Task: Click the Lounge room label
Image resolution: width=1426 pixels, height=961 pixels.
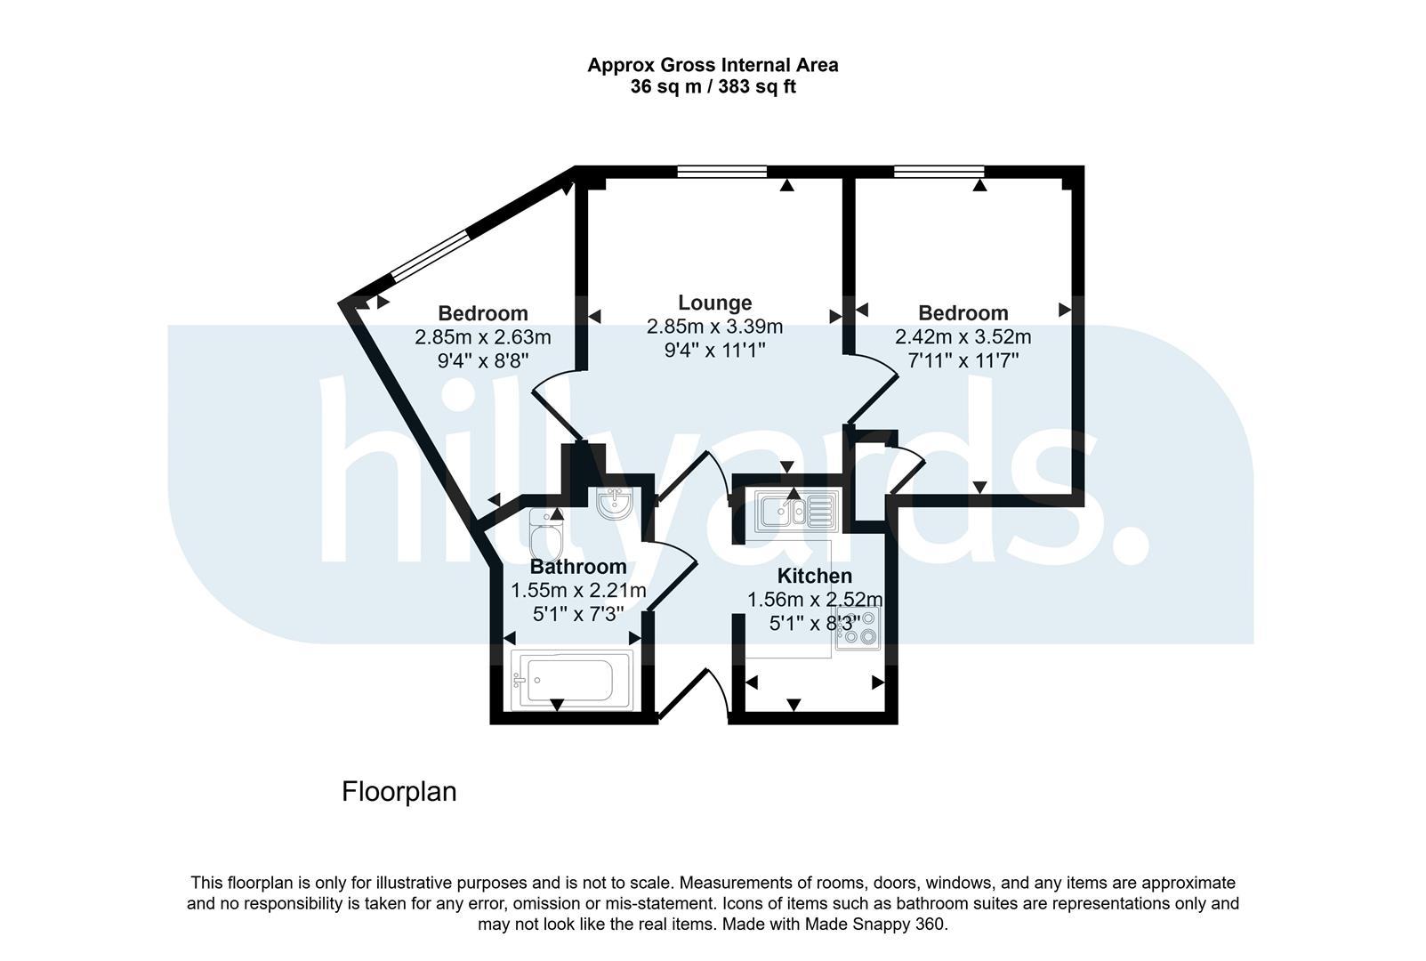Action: [x=714, y=303]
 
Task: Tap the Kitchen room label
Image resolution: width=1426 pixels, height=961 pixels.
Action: [x=814, y=576]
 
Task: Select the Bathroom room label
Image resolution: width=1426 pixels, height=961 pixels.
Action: [x=578, y=566]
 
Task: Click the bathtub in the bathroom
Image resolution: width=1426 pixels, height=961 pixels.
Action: [x=572, y=680]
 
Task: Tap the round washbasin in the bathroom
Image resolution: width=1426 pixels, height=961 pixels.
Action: [x=615, y=503]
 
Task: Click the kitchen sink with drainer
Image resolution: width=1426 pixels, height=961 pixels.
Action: [x=796, y=511]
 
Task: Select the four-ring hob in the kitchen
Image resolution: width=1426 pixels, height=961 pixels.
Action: [x=858, y=628]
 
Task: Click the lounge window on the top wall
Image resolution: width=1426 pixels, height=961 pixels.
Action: [x=722, y=172]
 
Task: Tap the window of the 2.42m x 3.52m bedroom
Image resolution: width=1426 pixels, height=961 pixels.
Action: [x=939, y=172]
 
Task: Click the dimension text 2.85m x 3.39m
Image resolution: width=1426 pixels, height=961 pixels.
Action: [x=714, y=327]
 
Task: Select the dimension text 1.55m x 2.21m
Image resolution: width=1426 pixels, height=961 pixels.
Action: [x=578, y=590]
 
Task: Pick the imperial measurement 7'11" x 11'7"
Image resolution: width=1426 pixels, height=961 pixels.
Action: [x=963, y=360]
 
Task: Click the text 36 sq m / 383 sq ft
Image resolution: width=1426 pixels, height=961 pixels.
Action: [x=713, y=86]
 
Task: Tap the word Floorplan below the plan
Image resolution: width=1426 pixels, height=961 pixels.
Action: [x=399, y=792]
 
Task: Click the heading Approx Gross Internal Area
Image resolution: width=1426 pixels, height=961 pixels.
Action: [x=713, y=65]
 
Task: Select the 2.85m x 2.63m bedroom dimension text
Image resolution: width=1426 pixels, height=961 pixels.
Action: [x=482, y=337]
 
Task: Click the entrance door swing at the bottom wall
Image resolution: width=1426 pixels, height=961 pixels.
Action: [x=694, y=693]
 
